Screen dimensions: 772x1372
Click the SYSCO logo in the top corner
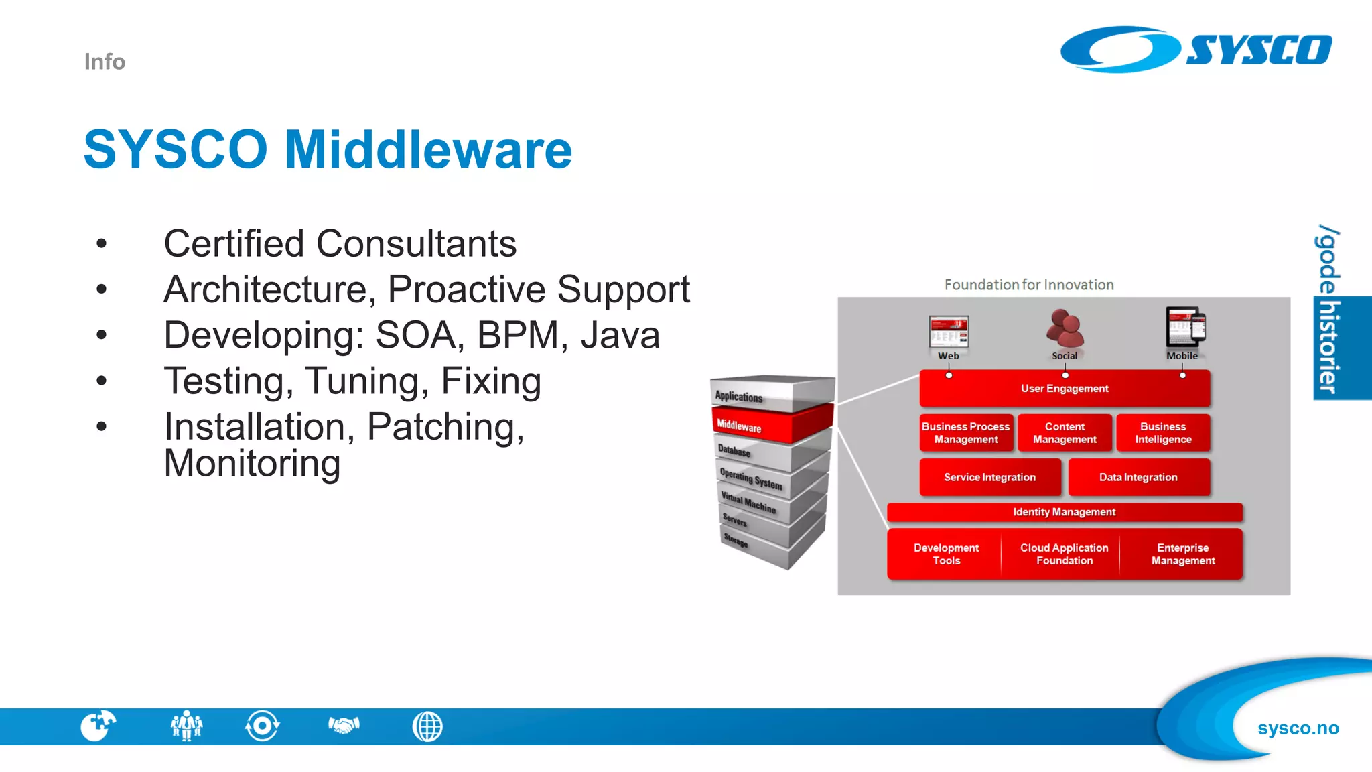pyautogui.click(x=1196, y=49)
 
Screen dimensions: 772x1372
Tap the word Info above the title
pyautogui.click(x=105, y=62)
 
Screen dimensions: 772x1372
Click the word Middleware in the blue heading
pyautogui.click(x=428, y=149)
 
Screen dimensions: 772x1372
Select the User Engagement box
pyautogui.click(x=1064, y=389)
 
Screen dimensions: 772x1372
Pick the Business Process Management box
pyautogui.click(x=965, y=433)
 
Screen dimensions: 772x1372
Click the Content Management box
pyautogui.click(x=1065, y=433)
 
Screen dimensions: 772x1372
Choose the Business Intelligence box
pyautogui.click(x=1163, y=433)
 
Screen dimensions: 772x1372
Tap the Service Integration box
pyautogui.click(x=989, y=477)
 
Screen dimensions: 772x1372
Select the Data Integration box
pyautogui.click(x=1138, y=477)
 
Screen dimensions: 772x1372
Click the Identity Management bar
pyautogui.click(x=1064, y=512)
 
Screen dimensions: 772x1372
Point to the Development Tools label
pyautogui.click(x=946, y=554)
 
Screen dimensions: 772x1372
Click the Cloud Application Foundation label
pyautogui.click(x=1064, y=554)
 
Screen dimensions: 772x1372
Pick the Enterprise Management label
pyautogui.click(x=1183, y=554)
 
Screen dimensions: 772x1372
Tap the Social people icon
pyautogui.click(x=1065, y=328)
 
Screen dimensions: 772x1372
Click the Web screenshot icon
pyautogui.click(x=948, y=331)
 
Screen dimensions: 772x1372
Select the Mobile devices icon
pyautogui.click(x=1184, y=327)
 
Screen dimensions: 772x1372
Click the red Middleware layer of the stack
pyautogui.click(x=770, y=425)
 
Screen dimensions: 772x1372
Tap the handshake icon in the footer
pyautogui.click(x=344, y=726)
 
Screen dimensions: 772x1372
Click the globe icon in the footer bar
pyautogui.click(x=427, y=726)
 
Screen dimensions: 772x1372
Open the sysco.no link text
pyautogui.click(x=1298, y=728)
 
